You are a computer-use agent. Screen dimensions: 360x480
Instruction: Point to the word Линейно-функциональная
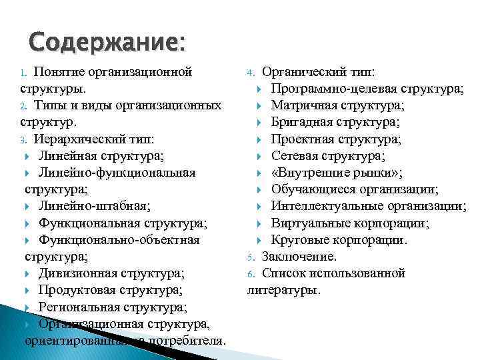tap(117, 173)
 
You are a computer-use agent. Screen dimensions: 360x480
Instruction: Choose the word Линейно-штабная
tap(93, 206)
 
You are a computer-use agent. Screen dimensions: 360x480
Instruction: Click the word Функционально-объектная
tap(119, 239)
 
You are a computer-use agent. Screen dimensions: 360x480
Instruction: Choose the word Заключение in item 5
tap(299, 256)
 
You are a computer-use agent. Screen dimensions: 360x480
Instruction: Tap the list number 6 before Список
tap(251, 273)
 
